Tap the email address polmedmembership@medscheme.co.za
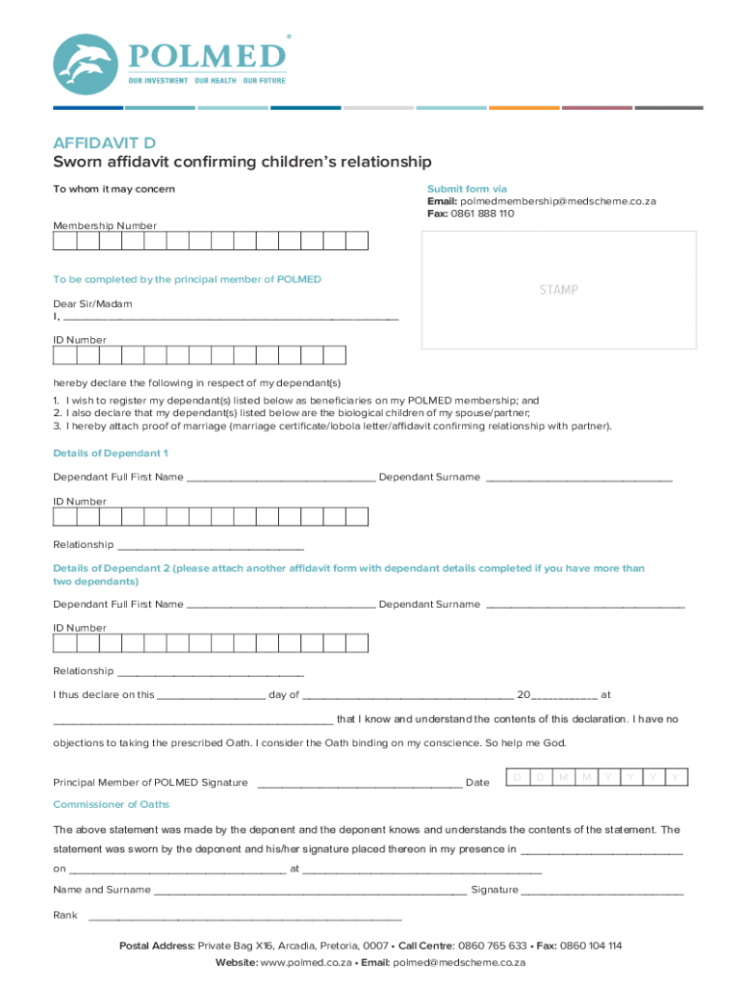pyautogui.click(x=557, y=201)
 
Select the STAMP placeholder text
pyautogui.click(x=558, y=290)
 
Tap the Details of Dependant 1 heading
pyautogui.click(x=111, y=453)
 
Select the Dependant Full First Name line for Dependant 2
pyautogui.click(x=281, y=606)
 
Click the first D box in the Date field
pyautogui.click(x=517, y=777)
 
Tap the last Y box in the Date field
pyautogui.click(x=677, y=777)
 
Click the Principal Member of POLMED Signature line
pyautogui.click(x=359, y=784)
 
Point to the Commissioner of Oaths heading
pyautogui.click(x=111, y=804)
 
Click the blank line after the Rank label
pyautogui.click(x=244, y=916)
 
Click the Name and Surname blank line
pyautogui.click(x=310, y=891)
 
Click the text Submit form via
pyautogui.click(x=467, y=189)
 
